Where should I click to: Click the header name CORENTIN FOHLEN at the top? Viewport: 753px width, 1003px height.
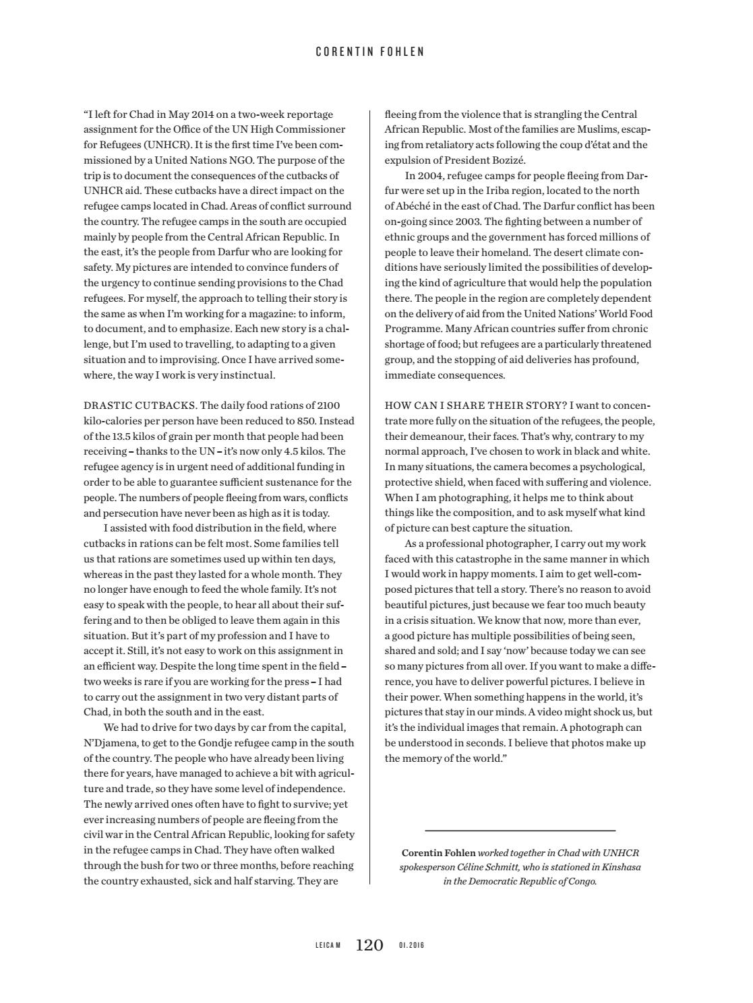(370, 52)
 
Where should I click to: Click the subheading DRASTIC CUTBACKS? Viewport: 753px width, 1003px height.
(140, 406)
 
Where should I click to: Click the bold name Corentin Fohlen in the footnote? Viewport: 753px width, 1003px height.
(438, 853)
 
